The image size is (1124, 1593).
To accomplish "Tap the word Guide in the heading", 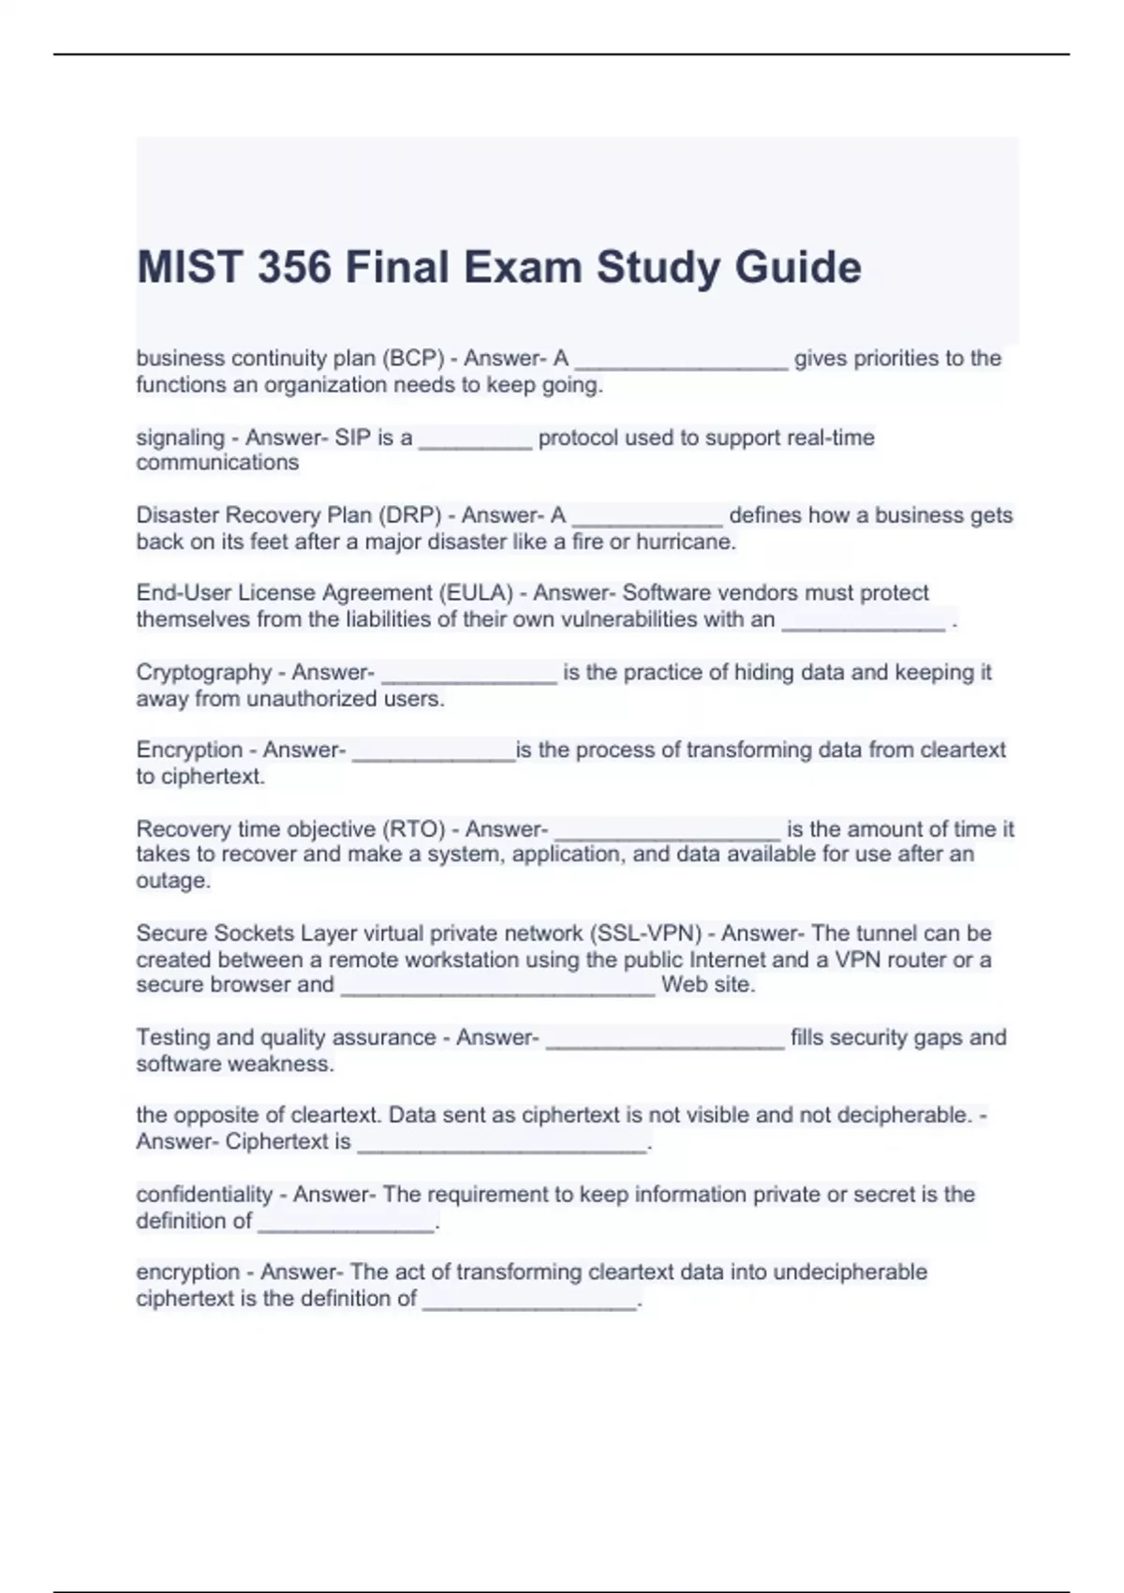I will pyautogui.click(x=798, y=267).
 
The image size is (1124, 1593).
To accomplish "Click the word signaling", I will pyautogui.click(x=180, y=439).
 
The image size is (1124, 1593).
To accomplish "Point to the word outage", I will pyautogui.click(x=172, y=881).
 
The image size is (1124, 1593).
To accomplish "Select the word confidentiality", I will pyautogui.click(x=204, y=1195).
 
